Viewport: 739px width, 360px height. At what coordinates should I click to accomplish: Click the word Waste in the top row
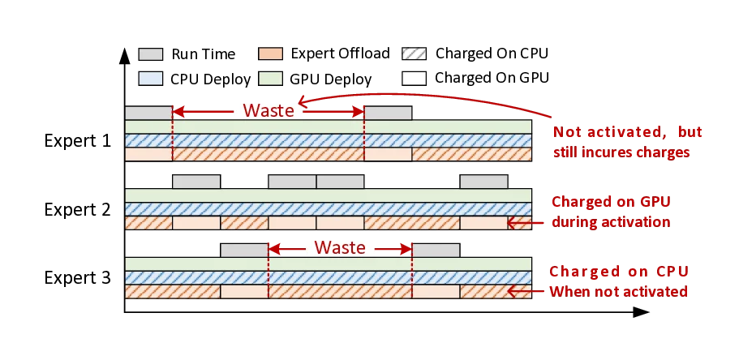(269, 111)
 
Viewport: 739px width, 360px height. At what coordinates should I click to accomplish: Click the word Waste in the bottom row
(340, 247)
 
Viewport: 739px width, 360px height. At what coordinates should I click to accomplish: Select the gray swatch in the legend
(150, 54)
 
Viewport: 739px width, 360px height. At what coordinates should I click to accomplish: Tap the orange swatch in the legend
(270, 54)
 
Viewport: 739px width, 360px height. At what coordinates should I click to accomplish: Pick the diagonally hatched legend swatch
(414, 54)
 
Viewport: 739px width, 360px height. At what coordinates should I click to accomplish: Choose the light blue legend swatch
(150, 79)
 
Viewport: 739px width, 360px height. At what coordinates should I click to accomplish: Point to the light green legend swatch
(270, 79)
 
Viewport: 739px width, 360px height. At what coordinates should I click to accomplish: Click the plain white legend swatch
(414, 79)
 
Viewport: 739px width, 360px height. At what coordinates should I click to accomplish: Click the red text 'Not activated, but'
(628, 132)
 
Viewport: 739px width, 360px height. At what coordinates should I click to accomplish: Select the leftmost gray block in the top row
(148, 114)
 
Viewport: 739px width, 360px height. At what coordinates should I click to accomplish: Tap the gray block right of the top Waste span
(389, 114)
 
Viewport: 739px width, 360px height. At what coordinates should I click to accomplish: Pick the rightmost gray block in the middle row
(483, 181)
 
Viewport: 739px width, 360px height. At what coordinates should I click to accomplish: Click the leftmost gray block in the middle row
(195, 181)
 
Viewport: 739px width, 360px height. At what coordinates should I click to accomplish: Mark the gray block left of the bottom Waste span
(244, 250)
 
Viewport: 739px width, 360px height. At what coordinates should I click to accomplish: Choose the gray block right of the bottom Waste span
(436, 250)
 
